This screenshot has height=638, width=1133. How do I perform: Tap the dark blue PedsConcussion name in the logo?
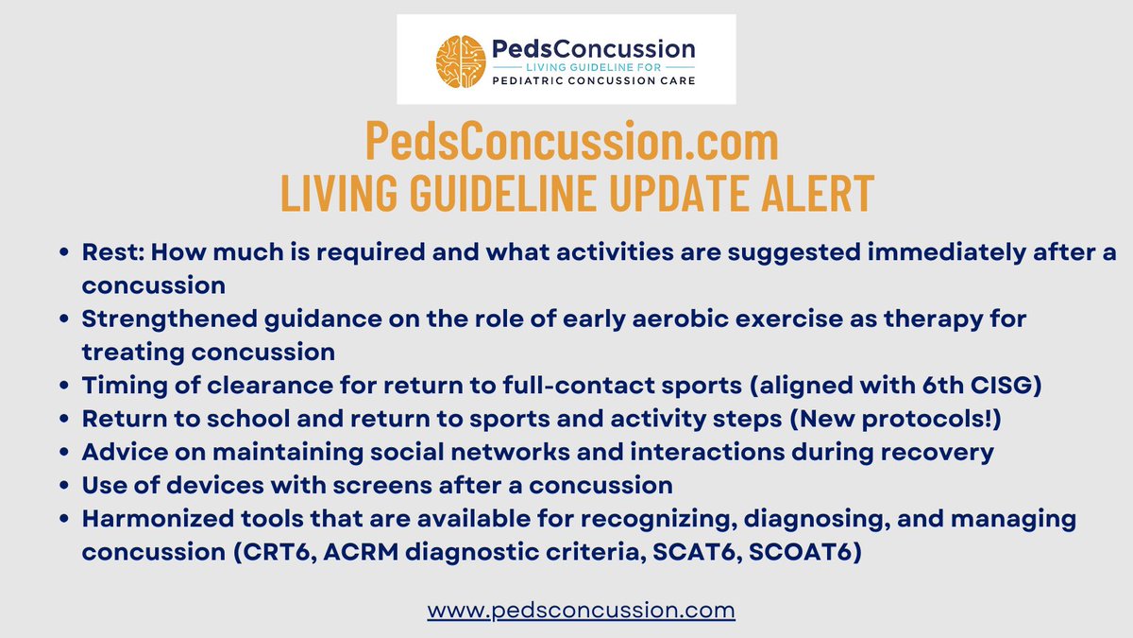[x=593, y=48]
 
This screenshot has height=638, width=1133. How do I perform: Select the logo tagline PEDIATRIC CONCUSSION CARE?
[x=593, y=81]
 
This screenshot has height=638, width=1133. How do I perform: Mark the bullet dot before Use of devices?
[x=63, y=486]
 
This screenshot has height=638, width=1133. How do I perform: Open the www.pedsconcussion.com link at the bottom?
[x=581, y=611]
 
